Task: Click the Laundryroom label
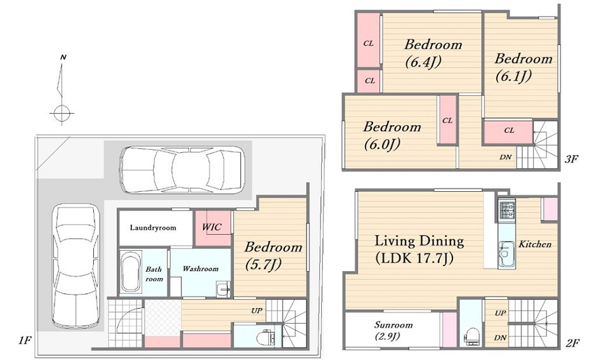click(153, 228)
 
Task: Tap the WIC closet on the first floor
click(213, 228)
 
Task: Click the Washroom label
click(200, 269)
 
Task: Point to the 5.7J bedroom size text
click(263, 265)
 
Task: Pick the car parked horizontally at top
click(182, 170)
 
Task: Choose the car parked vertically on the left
click(76, 266)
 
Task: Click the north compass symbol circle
click(61, 113)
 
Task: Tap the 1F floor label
click(25, 340)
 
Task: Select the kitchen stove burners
click(508, 210)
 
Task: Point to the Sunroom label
click(393, 325)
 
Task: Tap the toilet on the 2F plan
click(471, 335)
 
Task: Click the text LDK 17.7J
click(414, 258)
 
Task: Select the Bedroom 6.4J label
click(433, 53)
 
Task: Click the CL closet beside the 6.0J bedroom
click(447, 120)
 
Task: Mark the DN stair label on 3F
click(505, 157)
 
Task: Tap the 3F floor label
click(570, 159)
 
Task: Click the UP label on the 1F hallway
click(257, 310)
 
